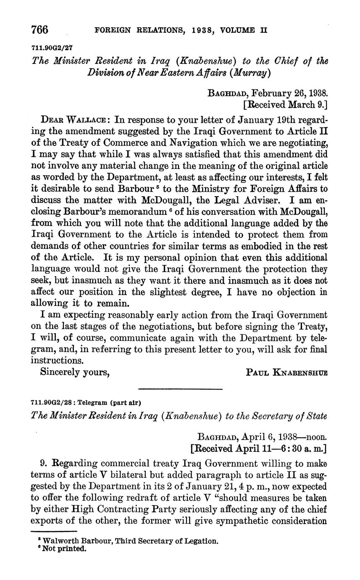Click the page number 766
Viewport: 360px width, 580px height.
click(x=40, y=30)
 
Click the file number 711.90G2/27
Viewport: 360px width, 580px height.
click(x=50, y=47)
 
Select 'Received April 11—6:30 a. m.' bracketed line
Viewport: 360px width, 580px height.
click(x=259, y=448)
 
